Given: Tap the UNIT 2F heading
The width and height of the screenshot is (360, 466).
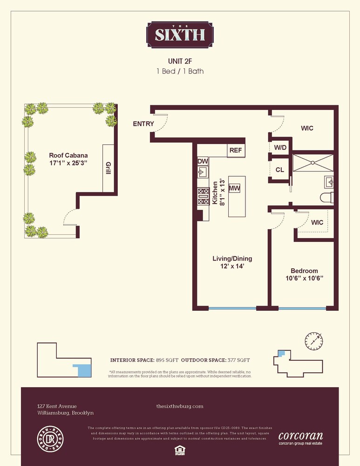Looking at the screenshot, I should [180, 61].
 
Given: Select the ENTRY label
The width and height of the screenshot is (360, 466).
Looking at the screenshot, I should [143, 124].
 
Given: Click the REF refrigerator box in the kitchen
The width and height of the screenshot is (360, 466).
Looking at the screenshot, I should [235, 151].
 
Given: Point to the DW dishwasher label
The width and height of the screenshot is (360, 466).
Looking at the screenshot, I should [202, 161].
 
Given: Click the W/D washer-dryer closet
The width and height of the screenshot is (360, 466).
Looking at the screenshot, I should [280, 148].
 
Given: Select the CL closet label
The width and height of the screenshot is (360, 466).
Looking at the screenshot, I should [279, 170].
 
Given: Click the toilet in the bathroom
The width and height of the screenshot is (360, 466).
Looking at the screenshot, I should [327, 197].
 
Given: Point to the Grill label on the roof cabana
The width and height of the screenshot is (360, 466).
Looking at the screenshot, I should [108, 168].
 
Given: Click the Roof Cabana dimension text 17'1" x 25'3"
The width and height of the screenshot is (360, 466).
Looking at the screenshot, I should [69, 164].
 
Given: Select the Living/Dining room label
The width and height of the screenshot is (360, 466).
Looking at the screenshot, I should [232, 259].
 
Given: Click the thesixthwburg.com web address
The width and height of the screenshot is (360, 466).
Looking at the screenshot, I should [180, 406].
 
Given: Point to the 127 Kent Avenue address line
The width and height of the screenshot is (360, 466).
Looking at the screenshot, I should [57, 406].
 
